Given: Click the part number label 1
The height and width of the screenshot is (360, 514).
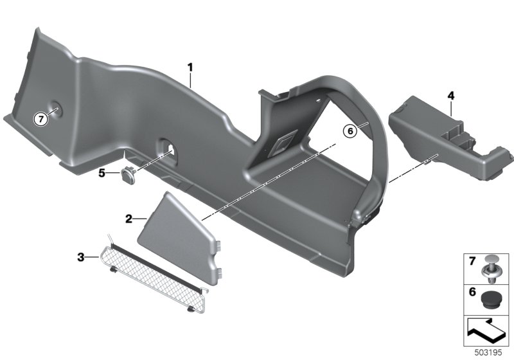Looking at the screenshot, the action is [190, 68].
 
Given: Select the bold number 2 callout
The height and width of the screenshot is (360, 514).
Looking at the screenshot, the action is [129, 219].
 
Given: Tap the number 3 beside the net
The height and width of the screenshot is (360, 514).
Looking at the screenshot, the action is [81, 257].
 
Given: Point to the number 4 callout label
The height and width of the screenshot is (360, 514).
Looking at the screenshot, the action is [452, 96].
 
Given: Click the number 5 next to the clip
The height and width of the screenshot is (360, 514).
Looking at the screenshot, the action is [102, 173].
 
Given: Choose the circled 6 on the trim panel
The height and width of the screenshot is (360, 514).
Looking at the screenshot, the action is [350, 131].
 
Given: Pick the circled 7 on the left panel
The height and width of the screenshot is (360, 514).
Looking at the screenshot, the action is [41, 119].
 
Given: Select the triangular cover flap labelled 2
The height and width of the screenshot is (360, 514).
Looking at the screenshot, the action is [179, 238].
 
